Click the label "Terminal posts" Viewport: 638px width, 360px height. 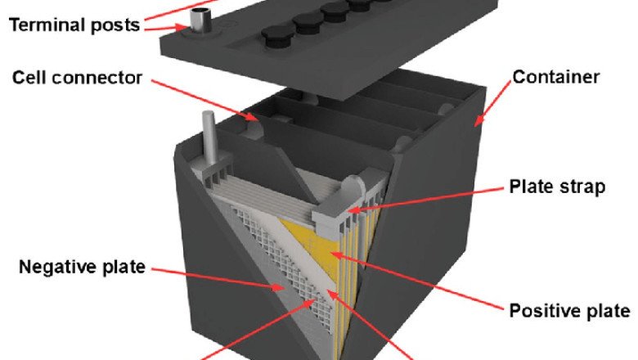(74, 25)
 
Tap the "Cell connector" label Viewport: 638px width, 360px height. (78, 77)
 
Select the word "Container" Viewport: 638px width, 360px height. (556, 77)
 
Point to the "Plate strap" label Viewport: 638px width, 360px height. (558, 187)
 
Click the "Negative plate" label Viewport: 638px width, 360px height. (82, 267)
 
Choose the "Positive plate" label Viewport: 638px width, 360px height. (569, 311)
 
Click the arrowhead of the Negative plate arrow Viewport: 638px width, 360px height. (280, 288)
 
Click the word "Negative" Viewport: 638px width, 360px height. (58, 267)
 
